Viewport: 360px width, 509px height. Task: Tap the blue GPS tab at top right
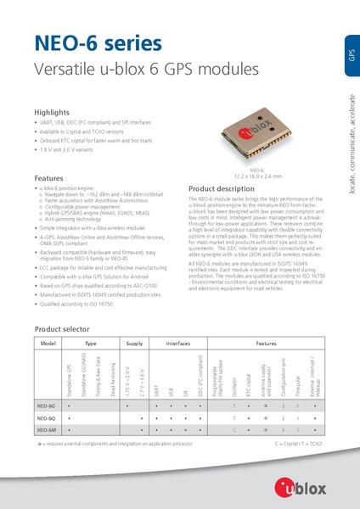tap(351, 55)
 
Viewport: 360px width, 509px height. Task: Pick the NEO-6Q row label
tap(47, 418)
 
